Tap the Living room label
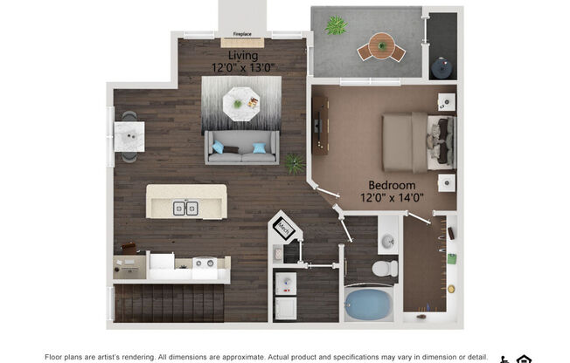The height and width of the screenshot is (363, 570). (243, 56)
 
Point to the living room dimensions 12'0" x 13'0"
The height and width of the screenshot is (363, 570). (243, 67)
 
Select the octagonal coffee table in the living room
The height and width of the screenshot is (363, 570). (240, 104)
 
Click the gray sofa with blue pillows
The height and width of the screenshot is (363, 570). (241, 148)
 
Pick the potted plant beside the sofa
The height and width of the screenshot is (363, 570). (295, 162)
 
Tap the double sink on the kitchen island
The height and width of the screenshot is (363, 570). (184, 208)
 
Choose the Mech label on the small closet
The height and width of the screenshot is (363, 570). (284, 228)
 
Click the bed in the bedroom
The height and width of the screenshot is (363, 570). (418, 142)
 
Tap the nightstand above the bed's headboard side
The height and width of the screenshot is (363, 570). (446, 101)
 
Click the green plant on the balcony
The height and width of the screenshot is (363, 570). (336, 25)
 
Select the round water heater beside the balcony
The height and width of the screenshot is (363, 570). (443, 65)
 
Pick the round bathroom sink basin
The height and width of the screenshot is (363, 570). (386, 241)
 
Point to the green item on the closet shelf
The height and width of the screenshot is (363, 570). (451, 258)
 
